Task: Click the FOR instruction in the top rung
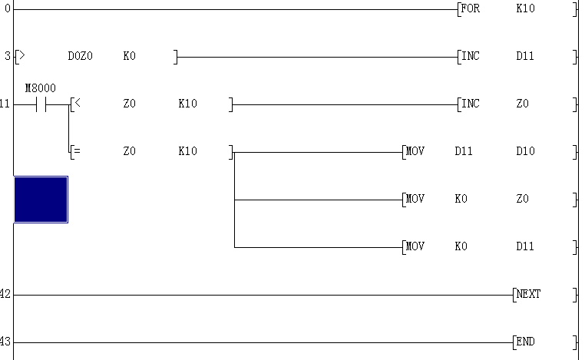[470, 8]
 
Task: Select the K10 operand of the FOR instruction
[525, 8]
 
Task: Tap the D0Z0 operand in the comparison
[80, 56]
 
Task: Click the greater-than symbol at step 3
[21, 55]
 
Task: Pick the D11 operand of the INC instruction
[525, 56]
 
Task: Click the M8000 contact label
[40, 88]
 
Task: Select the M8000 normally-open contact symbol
[41, 105]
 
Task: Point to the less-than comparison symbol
[78, 103]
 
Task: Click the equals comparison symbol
[77, 151]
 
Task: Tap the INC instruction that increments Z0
[470, 104]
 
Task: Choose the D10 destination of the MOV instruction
[525, 151]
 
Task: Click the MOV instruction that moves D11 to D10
[415, 151]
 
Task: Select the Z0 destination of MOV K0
[522, 199]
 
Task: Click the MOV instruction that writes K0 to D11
[415, 246]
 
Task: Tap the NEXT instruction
[528, 294]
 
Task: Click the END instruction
[525, 342]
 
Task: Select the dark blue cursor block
[41, 200]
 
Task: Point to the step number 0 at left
[8, 8]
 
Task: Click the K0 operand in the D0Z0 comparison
[129, 56]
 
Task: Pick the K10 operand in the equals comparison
[187, 151]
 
